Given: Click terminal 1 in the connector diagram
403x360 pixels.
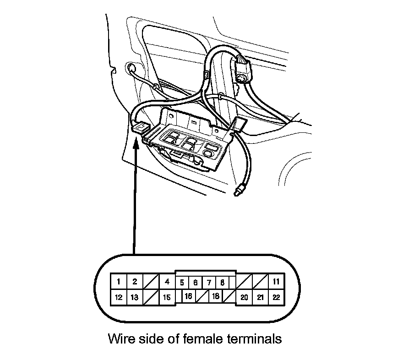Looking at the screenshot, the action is click(119, 282).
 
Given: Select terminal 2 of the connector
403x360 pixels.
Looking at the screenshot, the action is click(135, 282).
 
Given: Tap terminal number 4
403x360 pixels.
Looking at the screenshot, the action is click(167, 282).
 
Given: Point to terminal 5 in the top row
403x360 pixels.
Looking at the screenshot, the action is click(182, 283).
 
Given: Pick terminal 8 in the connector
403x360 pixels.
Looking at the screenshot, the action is click(222, 283).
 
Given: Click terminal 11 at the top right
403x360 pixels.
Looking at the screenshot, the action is click(276, 282).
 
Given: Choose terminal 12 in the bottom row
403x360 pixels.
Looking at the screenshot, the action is click(119, 298).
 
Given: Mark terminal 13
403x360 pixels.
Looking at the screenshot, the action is click(135, 298).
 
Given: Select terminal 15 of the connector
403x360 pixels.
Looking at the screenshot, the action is click(167, 298).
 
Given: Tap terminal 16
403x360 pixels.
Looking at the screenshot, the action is click(188, 296).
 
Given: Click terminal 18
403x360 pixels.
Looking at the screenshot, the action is click(215, 296).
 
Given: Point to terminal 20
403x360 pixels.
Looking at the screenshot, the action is click(244, 298).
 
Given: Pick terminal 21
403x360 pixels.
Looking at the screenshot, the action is click(260, 298).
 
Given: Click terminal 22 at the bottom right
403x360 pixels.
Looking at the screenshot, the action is click(276, 298).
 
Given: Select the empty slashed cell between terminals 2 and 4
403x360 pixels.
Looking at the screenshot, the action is click(151, 282).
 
